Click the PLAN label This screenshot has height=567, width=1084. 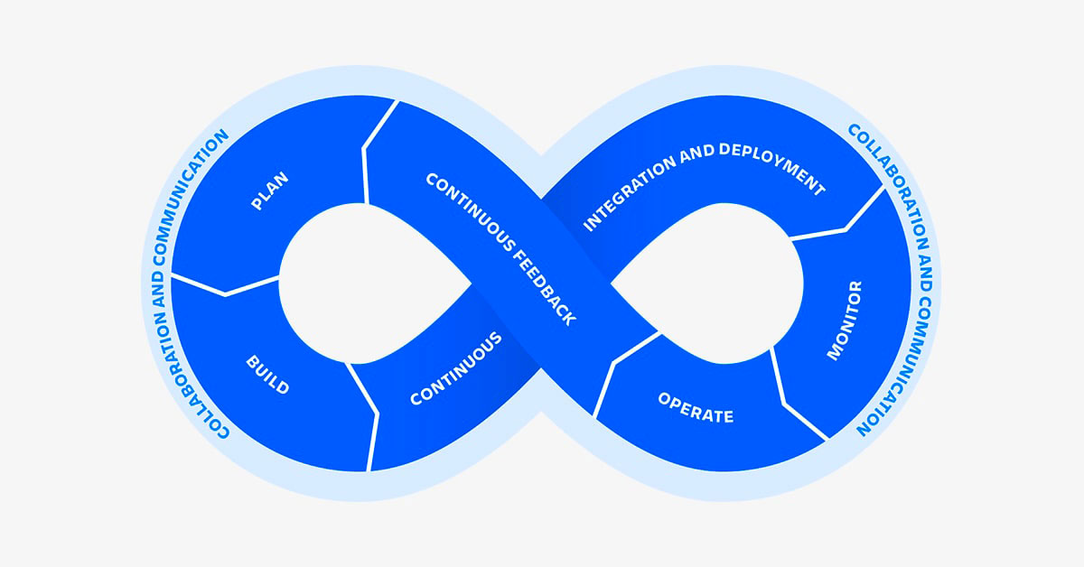click(269, 191)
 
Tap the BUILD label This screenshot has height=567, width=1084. click(267, 375)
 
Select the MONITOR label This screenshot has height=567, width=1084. click(845, 321)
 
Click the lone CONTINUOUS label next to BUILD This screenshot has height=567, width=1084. click(455, 369)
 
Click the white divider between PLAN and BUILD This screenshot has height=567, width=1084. click(225, 287)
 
